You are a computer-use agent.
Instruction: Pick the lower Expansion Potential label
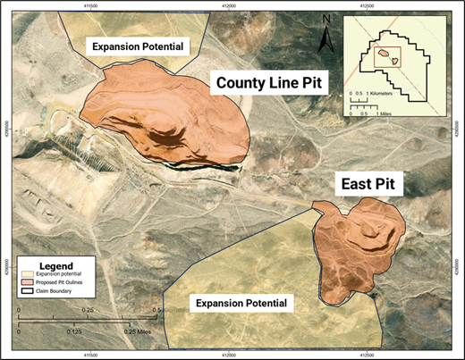[x=244, y=303]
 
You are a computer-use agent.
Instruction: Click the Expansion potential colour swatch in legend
[x=28, y=276]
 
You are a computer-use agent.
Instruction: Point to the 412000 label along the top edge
[x=228, y=6]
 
